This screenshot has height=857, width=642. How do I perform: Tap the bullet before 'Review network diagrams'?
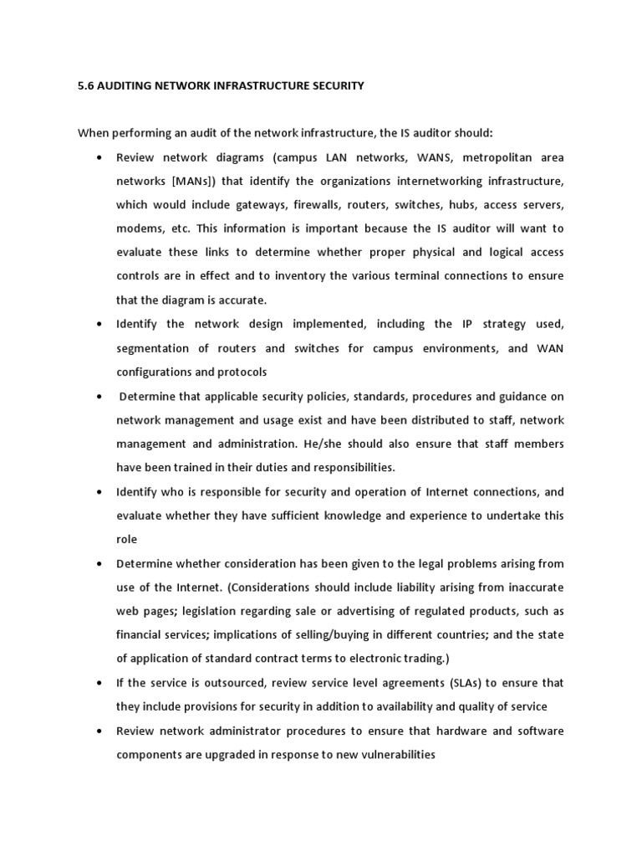pyautogui.click(x=100, y=157)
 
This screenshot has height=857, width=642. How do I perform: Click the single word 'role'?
pyautogui.click(x=126, y=539)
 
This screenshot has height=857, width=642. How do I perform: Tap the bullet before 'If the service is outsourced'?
pyautogui.click(x=100, y=683)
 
